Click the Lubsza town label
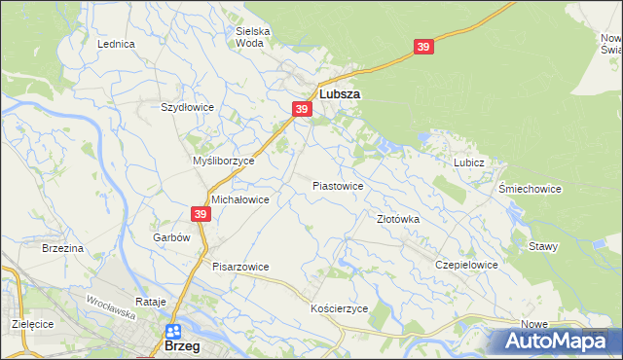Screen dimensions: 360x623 (340, 94)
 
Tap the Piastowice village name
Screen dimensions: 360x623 (338, 185)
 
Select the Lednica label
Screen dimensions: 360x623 (116, 45)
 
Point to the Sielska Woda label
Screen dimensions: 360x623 (253, 37)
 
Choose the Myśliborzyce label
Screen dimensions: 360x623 (224, 161)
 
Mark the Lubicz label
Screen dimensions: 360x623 (468, 162)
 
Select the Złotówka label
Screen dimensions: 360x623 (398, 219)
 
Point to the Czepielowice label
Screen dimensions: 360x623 (467, 265)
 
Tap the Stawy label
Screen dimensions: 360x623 (543, 246)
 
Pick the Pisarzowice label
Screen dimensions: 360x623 (240, 266)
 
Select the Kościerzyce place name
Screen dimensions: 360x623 (339, 307)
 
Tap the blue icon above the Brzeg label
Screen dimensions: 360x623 (173, 332)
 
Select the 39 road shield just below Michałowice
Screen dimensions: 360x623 (200, 215)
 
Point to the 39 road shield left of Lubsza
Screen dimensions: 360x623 (302, 110)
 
